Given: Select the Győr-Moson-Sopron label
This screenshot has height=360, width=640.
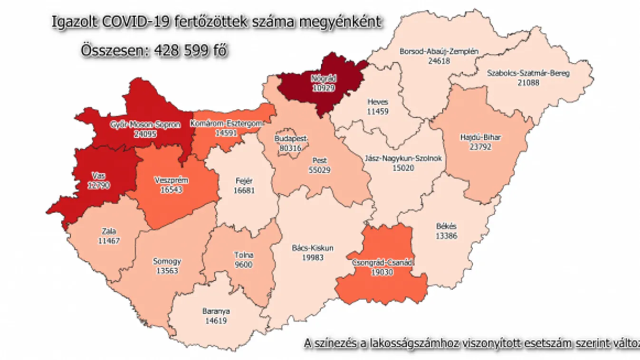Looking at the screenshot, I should [x=145, y=125].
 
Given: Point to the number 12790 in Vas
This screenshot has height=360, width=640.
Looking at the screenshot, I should [x=99, y=185].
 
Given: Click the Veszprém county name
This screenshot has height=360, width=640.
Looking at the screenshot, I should [x=172, y=180].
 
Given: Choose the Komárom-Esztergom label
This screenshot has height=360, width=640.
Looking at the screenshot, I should [x=226, y=124].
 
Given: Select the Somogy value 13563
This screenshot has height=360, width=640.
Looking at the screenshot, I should [x=167, y=270].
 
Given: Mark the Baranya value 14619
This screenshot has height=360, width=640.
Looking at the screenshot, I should [x=215, y=320].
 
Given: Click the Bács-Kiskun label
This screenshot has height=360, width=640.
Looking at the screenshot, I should [x=313, y=248].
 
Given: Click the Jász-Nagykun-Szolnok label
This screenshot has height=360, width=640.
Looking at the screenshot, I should [x=403, y=159].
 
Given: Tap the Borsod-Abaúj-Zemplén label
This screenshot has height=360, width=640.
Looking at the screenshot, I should [x=439, y=51].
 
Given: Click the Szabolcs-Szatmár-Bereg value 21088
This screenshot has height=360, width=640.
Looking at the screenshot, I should [x=528, y=83].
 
